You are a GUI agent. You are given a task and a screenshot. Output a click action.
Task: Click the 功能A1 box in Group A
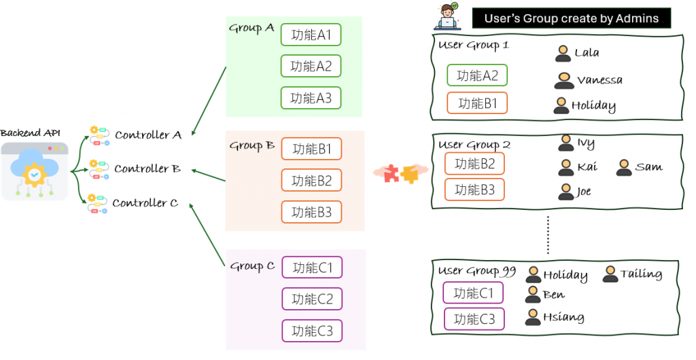click(311, 35)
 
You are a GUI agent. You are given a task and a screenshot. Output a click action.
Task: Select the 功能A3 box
click(311, 98)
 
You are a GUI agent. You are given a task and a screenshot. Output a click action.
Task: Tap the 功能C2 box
click(312, 299)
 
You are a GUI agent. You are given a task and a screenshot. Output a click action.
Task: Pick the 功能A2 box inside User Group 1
click(477, 75)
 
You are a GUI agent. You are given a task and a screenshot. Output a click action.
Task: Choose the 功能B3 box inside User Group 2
click(474, 190)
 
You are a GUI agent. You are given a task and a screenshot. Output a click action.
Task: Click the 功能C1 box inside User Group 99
click(473, 293)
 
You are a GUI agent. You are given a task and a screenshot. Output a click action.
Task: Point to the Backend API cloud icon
click(34, 170)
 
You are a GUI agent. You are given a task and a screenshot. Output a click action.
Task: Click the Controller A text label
click(148, 135)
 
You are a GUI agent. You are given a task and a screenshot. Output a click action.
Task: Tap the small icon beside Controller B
click(99, 169)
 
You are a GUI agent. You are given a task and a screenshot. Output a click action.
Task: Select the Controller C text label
click(145, 203)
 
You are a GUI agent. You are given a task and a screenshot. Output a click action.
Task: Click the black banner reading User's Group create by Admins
click(571, 18)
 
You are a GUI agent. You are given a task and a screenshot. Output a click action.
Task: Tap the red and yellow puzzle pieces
click(400, 174)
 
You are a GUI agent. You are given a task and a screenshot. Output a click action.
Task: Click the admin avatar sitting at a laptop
click(449, 18)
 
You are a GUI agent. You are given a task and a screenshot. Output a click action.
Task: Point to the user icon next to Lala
click(562, 53)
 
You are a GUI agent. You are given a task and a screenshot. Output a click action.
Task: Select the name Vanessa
click(599, 80)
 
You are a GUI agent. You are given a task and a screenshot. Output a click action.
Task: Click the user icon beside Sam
click(624, 167)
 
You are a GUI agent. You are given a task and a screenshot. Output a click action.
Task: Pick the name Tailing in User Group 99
click(641, 274)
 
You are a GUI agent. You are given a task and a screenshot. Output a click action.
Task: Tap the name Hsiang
click(563, 317)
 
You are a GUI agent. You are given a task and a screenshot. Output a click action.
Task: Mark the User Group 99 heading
click(476, 271)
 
